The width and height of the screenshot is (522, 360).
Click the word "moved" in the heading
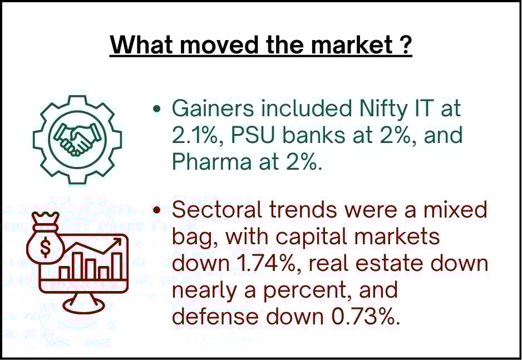[x=219, y=45]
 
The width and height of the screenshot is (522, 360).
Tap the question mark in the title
[x=405, y=45]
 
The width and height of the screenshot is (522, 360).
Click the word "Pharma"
[x=211, y=162]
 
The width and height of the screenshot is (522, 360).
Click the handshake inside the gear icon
[x=77, y=139]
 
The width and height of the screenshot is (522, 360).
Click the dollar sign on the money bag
[x=46, y=246]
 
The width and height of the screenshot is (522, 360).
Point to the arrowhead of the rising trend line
[x=117, y=241]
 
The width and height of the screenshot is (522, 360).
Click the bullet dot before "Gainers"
[x=157, y=109]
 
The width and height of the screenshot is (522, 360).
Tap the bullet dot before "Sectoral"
[x=157, y=210]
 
